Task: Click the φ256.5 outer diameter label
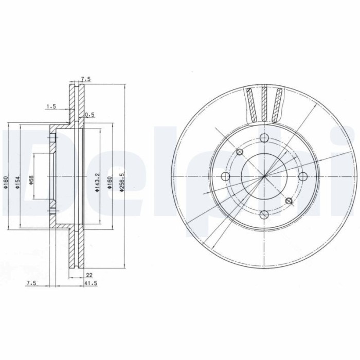(x=121, y=181)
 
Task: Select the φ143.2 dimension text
(x=97, y=182)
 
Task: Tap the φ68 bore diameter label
(x=31, y=180)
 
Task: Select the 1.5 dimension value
(x=50, y=106)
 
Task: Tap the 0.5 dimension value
(x=89, y=114)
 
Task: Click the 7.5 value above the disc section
(x=85, y=79)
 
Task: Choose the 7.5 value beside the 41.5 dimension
(x=31, y=282)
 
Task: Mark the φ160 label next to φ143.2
(x=109, y=182)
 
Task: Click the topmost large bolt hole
(x=264, y=138)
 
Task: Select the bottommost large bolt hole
(x=264, y=215)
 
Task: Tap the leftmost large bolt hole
(x=225, y=176)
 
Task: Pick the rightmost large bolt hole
(x=303, y=176)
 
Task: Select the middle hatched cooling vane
(x=264, y=103)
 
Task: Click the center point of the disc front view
(x=264, y=176)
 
